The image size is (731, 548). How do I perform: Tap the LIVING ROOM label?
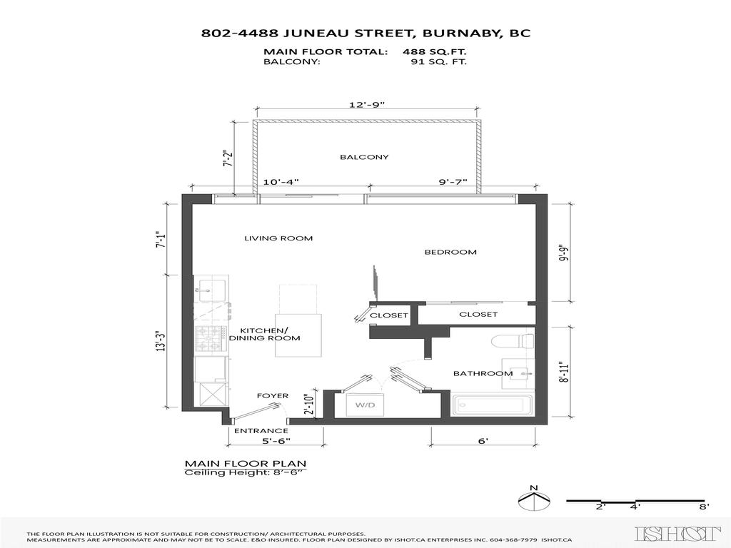click(x=278, y=238)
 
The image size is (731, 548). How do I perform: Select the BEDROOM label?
click(x=450, y=252)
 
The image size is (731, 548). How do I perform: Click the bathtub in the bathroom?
click(x=493, y=406)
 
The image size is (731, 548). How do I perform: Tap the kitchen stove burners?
click(x=211, y=339)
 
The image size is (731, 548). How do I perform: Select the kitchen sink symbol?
click(x=212, y=288)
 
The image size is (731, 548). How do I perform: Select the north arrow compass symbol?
click(x=533, y=501)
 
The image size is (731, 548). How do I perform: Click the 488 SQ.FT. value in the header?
click(x=437, y=51)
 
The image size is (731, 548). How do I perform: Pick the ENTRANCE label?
click(x=261, y=430)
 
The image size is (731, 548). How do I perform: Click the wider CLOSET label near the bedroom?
click(x=478, y=314)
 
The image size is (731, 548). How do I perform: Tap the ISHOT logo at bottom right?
click(x=677, y=533)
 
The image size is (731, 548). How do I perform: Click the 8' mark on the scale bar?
click(x=703, y=507)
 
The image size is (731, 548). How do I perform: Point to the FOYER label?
click(x=273, y=395)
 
